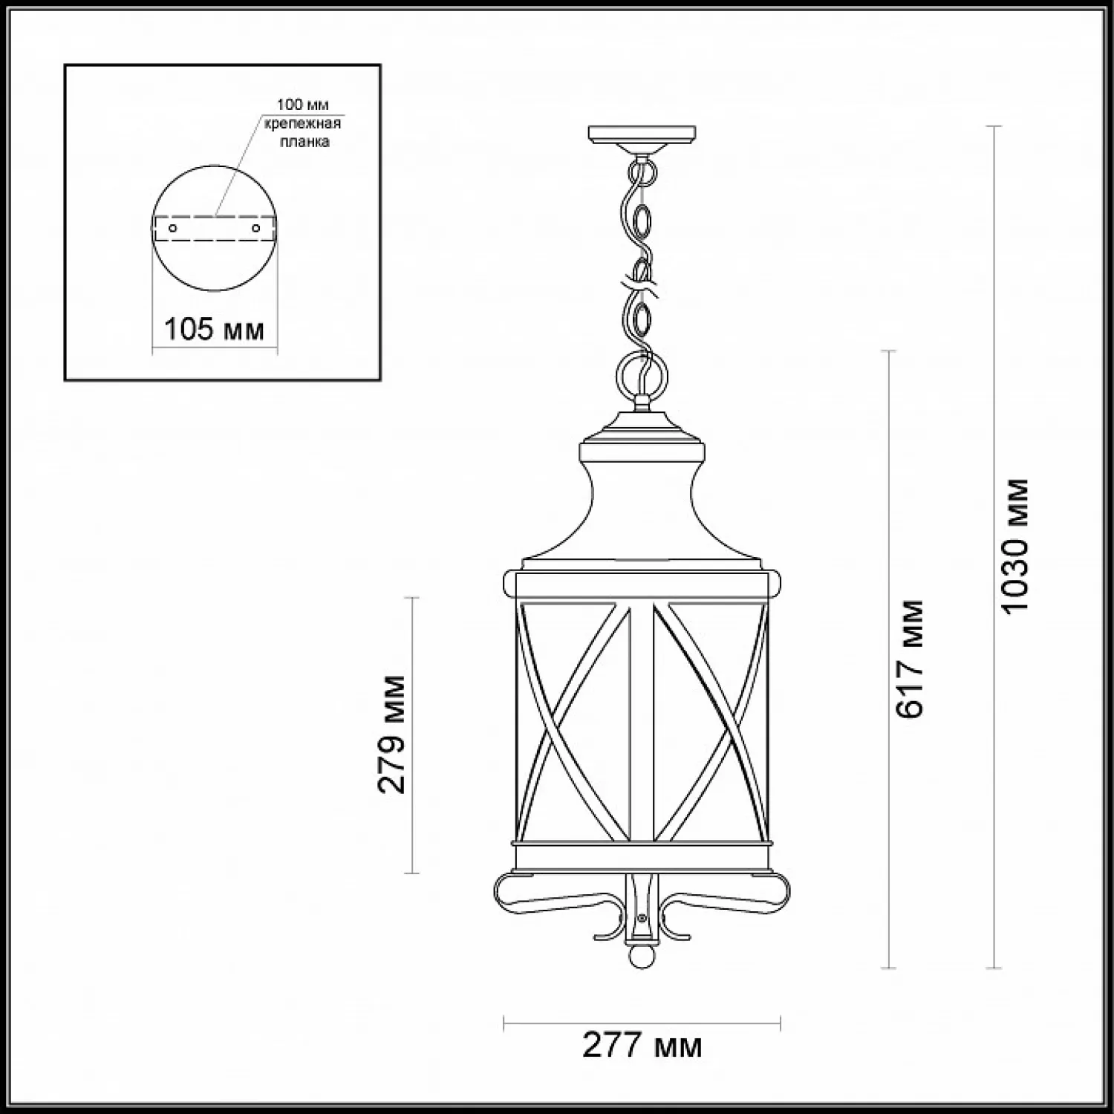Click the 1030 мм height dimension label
(1015, 545)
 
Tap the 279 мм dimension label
(392, 734)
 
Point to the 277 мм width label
(642, 1046)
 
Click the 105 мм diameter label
(214, 328)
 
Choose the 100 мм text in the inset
(303, 105)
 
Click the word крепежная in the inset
(303, 123)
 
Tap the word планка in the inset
(304, 142)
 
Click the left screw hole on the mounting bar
(173, 228)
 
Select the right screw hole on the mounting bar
(256, 228)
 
